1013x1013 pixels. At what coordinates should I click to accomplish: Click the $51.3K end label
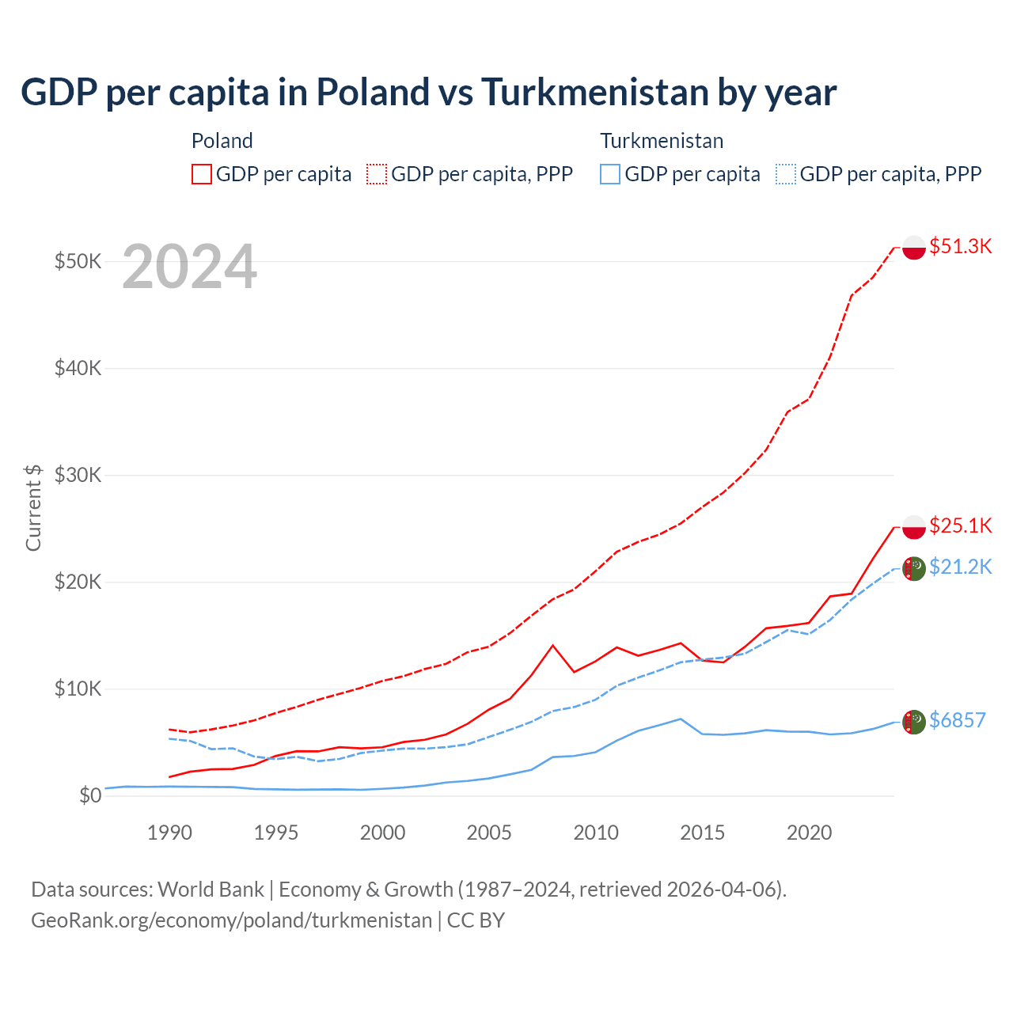coord(960,246)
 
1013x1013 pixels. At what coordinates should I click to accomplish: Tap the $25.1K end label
coord(960,525)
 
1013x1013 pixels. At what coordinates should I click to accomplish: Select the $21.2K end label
coord(960,567)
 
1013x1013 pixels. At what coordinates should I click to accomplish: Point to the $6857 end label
coord(957,720)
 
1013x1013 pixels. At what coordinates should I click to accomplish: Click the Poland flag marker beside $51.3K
coord(914,248)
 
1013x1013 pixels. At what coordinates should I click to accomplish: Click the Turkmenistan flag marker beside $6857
coord(914,722)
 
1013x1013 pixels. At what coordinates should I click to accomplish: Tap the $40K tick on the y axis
coord(78,368)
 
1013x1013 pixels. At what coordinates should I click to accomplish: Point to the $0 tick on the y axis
coord(90,795)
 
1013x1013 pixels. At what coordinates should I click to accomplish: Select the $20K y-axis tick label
coord(78,582)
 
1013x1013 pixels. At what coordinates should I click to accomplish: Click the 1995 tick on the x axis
coord(276,833)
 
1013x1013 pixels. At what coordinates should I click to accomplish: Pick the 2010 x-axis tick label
coord(596,833)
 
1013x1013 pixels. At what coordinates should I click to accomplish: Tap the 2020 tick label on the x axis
coord(809,833)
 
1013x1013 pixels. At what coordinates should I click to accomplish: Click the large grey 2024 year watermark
coord(189,267)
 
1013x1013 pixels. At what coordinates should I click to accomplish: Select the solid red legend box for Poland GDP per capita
coord(202,174)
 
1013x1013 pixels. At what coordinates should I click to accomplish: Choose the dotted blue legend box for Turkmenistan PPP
coord(786,174)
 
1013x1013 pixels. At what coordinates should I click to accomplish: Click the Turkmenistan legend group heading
coord(662,141)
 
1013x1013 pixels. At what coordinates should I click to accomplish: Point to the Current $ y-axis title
coord(33,507)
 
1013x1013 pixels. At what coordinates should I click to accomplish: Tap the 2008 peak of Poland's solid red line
coord(553,645)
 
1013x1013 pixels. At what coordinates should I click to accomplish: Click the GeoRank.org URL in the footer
coord(231,920)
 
